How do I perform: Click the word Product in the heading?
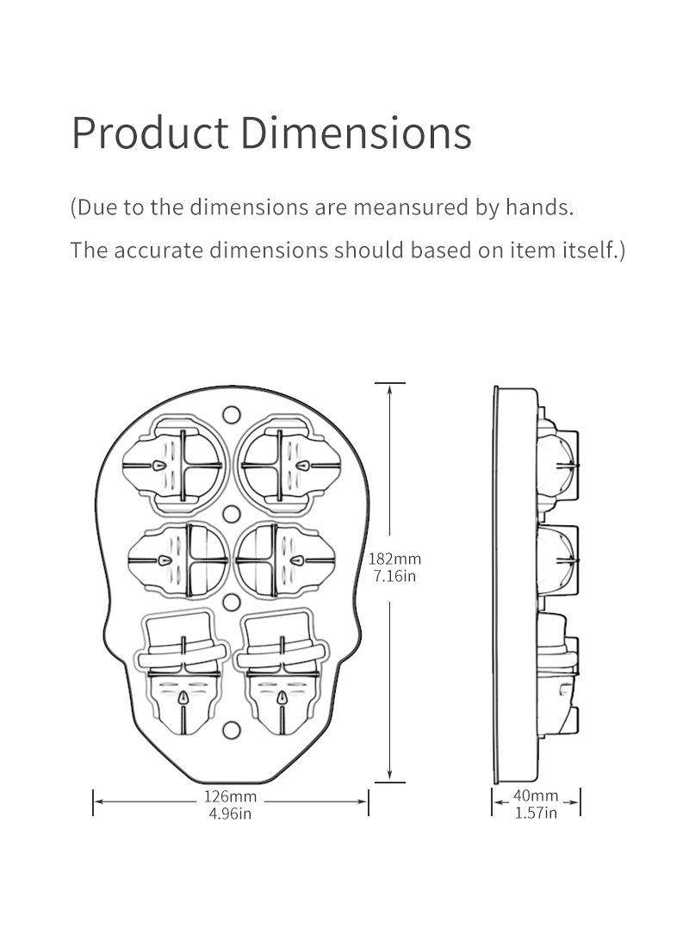(x=150, y=133)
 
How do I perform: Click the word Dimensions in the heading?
(x=355, y=133)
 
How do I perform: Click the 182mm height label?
(x=394, y=559)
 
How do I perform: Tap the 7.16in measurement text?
(x=394, y=575)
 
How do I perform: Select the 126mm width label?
(x=230, y=796)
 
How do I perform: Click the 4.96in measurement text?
(x=230, y=814)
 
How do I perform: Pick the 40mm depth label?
(x=536, y=795)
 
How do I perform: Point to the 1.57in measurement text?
(x=536, y=812)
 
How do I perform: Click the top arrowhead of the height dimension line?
(x=390, y=390)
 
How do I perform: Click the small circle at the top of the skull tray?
(x=231, y=414)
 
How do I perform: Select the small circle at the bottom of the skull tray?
(x=231, y=731)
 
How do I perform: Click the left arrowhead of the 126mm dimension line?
(x=97, y=802)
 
